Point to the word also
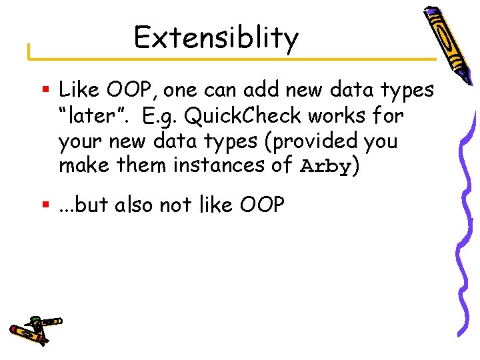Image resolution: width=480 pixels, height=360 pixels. [137, 205]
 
